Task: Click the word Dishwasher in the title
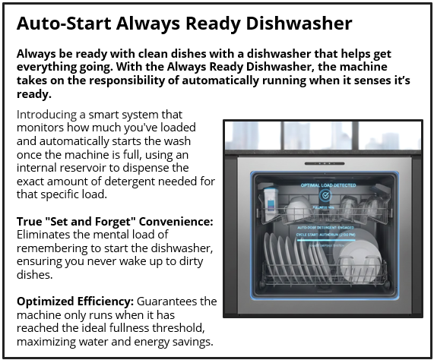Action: click(300, 24)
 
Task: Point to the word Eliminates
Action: click(47, 235)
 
